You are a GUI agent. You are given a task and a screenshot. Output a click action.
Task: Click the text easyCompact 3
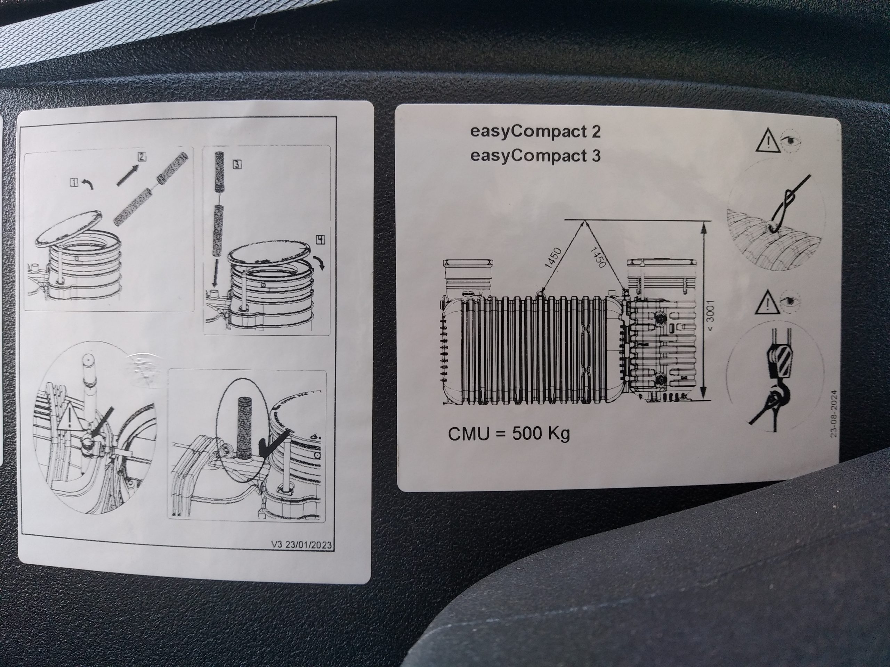coord(535,155)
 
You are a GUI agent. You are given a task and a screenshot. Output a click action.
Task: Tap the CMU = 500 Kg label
coord(509,434)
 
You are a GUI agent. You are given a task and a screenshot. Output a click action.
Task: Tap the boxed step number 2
coord(141,157)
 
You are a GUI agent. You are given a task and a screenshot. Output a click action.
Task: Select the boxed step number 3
coord(237,164)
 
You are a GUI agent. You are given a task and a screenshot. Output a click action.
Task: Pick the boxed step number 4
coord(321,240)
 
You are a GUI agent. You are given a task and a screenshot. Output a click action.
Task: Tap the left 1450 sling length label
coord(552,258)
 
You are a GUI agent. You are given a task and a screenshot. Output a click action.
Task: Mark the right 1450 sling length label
coord(598,257)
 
